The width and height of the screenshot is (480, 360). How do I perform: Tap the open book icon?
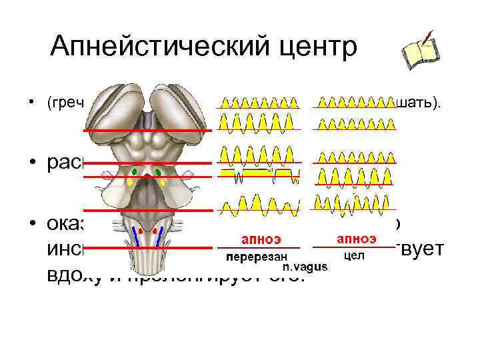point(419,50)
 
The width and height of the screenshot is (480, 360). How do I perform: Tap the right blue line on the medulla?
point(162,235)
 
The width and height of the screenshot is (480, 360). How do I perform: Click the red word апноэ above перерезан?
point(261,239)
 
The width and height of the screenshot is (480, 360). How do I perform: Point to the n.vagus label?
point(305,267)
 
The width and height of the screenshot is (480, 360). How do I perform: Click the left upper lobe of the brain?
point(116,107)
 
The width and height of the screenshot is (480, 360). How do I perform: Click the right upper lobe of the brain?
point(177,107)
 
